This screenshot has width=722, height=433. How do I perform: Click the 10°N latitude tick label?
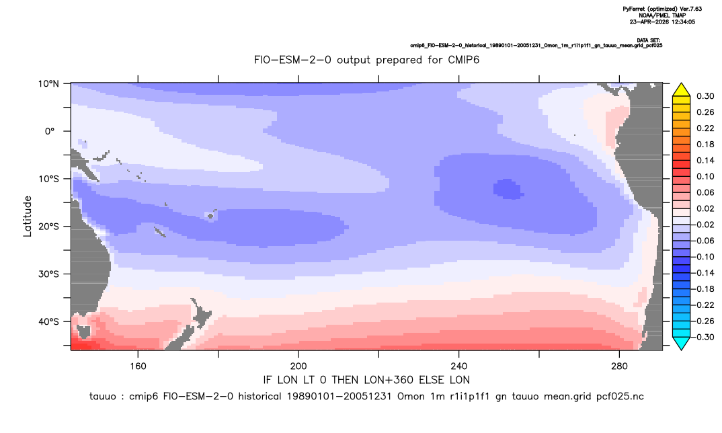pos(48,84)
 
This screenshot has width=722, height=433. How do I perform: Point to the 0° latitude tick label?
pos(50,131)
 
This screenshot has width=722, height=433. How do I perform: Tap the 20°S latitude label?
pos(48,227)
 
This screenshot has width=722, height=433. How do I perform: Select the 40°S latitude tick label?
pos(48,321)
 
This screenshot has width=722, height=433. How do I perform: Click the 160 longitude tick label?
pos(138,366)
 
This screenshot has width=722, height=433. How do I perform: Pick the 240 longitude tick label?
pos(458,366)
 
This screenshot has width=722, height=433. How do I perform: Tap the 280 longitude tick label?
pos(619,366)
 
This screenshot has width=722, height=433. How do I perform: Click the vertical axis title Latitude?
pos(28,216)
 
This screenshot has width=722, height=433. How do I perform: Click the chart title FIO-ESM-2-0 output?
pos(366,60)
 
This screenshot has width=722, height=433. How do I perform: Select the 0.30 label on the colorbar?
pos(705,96)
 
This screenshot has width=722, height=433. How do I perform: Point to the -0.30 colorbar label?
pos(703,337)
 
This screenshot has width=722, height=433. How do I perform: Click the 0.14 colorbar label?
pos(705,160)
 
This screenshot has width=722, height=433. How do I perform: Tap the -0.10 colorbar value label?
pos(703,257)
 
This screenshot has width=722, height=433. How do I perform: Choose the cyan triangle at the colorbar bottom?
pos(681,343)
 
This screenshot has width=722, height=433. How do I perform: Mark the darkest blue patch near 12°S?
pos(508,190)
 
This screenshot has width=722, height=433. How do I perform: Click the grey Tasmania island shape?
pos(84,331)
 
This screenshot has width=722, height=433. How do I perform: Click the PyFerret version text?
pos(662,9)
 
